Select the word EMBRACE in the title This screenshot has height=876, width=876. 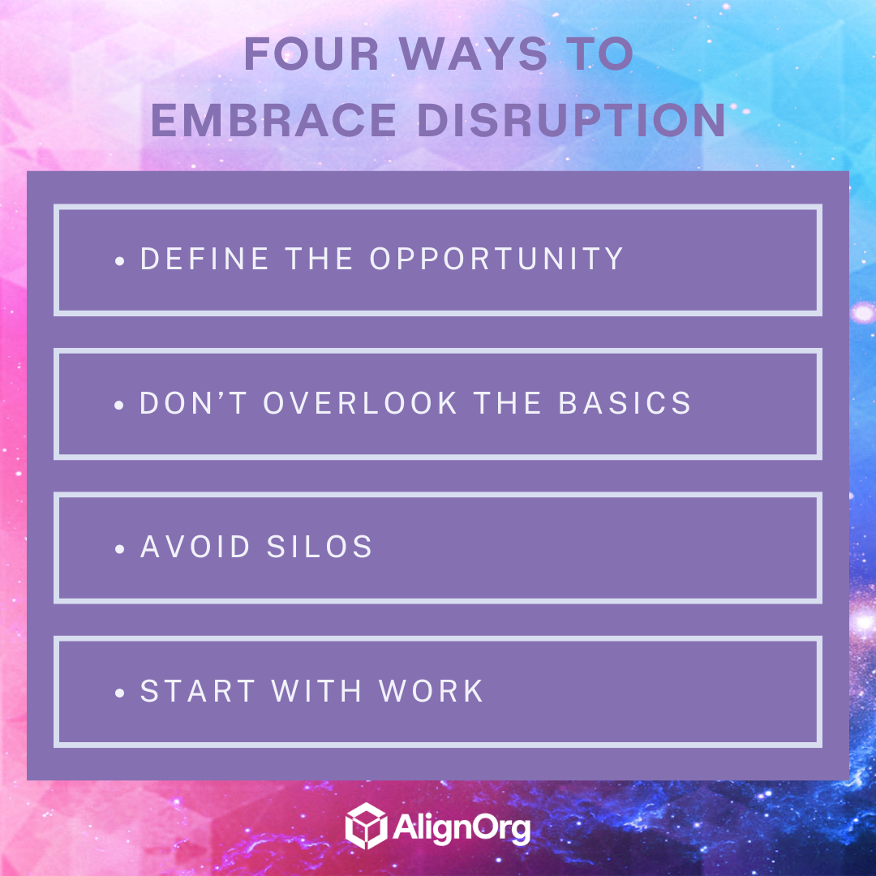[274, 120]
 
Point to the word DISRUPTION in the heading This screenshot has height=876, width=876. [571, 120]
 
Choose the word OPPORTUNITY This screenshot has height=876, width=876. [496, 260]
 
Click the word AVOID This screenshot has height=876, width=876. [195, 547]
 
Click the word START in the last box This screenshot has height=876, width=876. [198, 692]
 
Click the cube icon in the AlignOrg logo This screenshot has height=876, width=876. [364, 826]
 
